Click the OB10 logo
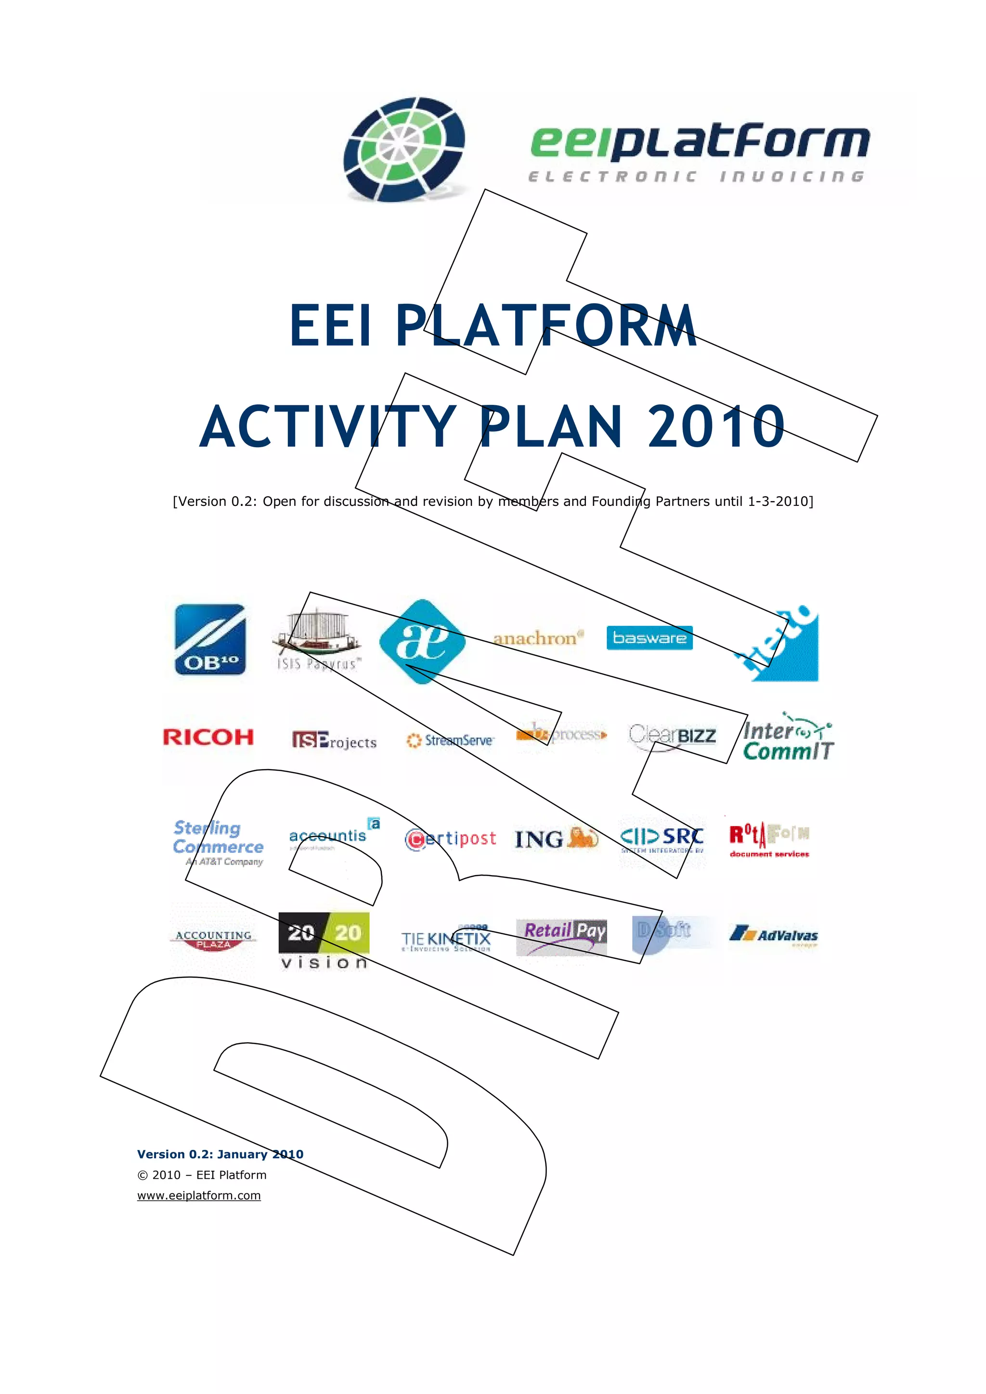coord(210,639)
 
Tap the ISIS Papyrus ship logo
coord(317,639)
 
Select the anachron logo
coord(538,638)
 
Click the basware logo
coord(649,637)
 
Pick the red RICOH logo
coord(208,737)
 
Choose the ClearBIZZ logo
coord(672,736)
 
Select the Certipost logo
coord(451,839)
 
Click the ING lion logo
coord(556,839)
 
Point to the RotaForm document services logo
coord(769,839)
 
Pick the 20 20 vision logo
coord(324,941)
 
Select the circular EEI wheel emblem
coord(404,149)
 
